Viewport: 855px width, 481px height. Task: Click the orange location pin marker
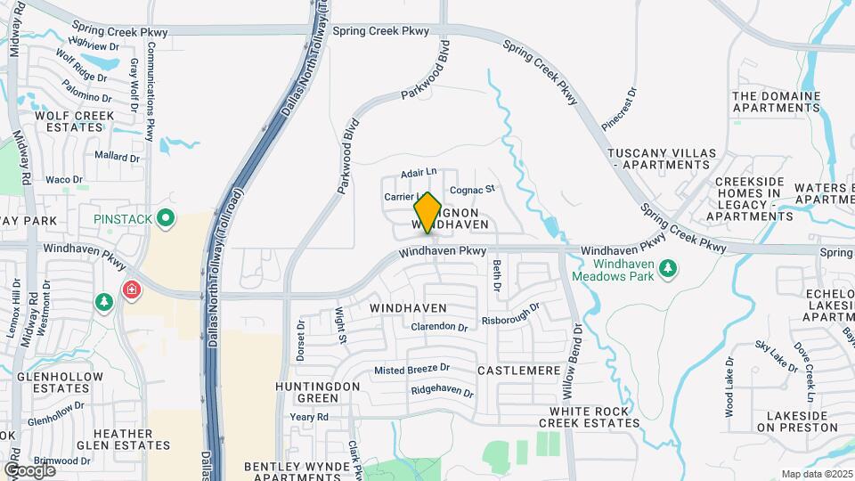pos(427,212)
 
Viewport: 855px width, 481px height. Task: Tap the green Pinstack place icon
pos(165,218)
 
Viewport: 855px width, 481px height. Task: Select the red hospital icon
pos(132,290)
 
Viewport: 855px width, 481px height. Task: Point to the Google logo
pos(29,469)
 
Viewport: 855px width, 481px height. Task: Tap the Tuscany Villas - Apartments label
pos(660,159)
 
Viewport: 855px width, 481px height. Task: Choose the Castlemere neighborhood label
pos(518,370)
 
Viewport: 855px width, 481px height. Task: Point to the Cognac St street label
pos(471,190)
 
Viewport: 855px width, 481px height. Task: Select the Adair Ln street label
pos(419,172)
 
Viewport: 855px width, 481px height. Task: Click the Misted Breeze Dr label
pos(411,369)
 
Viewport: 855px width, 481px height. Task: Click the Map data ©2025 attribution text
pos(816,474)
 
